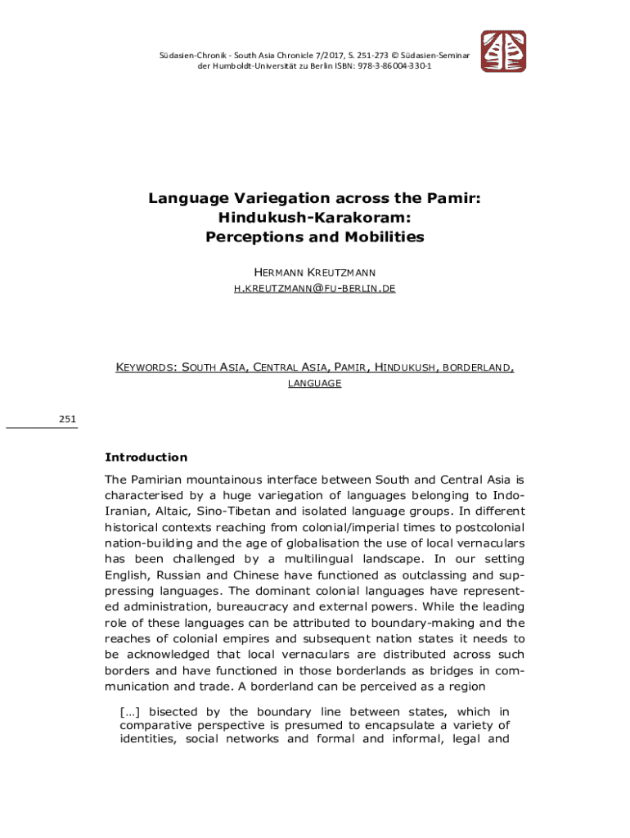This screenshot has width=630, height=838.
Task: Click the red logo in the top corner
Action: click(502, 52)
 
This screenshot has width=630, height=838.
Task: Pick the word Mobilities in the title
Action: click(381, 238)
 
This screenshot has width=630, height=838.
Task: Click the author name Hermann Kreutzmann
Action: click(314, 271)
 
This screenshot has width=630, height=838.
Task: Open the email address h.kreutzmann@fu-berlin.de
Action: click(314, 289)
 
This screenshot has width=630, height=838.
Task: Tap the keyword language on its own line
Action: click(314, 383)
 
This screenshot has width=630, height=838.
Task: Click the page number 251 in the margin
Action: click(67, 420)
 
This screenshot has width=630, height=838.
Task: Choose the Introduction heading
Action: click(146, 457)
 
